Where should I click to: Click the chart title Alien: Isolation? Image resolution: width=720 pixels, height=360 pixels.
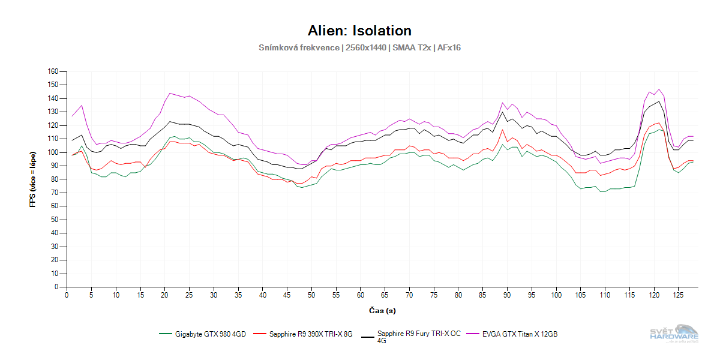[359, 31]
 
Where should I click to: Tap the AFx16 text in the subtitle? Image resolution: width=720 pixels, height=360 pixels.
[448, 47]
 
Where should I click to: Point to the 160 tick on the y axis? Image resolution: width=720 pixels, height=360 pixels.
[53, 71]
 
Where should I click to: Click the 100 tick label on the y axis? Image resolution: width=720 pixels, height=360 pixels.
[53, 152]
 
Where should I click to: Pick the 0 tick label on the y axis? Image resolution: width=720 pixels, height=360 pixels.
[56, 287]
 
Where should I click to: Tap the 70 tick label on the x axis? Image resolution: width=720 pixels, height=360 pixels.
[409, 295]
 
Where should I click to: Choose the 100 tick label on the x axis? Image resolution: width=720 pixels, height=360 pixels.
[556, 295]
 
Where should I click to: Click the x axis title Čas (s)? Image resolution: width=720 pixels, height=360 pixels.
[382, 310]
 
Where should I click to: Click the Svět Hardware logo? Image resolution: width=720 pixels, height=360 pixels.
[674, 334]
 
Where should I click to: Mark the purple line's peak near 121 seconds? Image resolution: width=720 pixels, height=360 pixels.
[659, 89]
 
